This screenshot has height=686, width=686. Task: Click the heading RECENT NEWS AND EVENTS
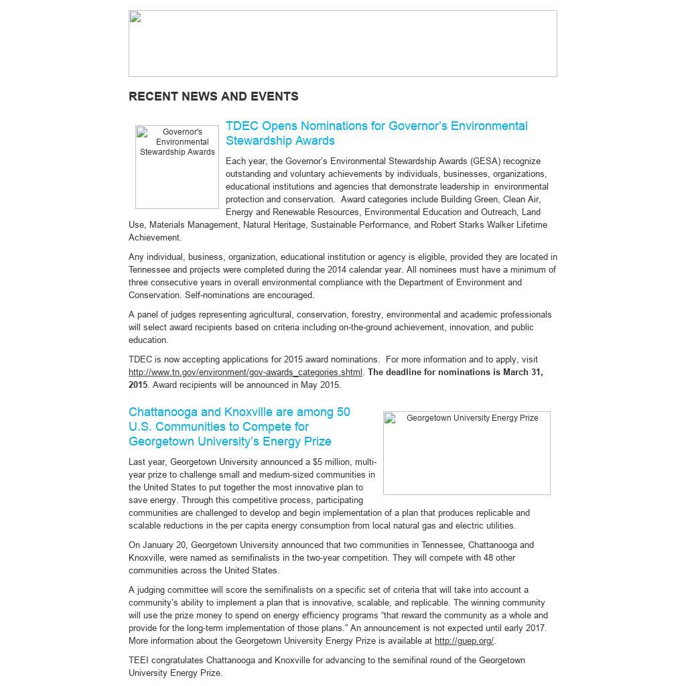point(213,96)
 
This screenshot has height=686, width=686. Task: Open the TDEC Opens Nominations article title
point(376,133)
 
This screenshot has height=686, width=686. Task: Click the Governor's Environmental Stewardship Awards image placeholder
point(177,167)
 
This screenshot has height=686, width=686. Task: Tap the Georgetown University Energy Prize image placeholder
point(466,453)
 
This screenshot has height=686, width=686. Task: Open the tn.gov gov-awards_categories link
point(245,372)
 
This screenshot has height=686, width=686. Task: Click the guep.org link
point(464,641)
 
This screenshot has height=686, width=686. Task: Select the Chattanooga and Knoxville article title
point(239,427)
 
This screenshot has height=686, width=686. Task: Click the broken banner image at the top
point(342,44)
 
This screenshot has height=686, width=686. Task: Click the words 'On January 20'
point(158,545)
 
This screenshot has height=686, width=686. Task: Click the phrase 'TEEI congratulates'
point(165,661)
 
